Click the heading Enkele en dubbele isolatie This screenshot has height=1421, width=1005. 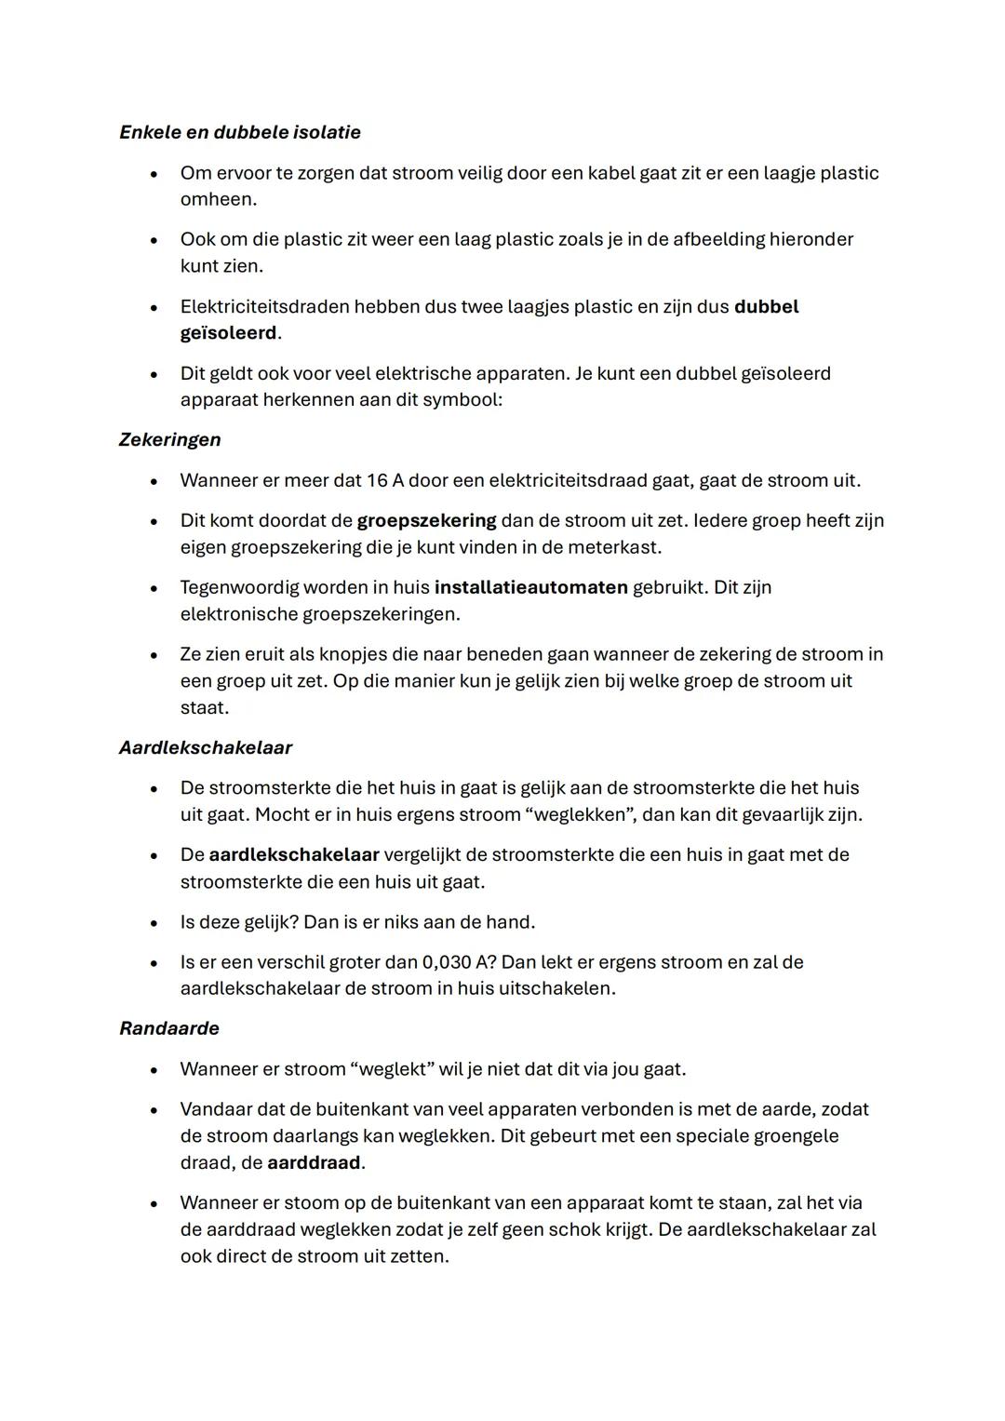coord(240,132)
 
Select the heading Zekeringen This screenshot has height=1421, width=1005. coord(169,439)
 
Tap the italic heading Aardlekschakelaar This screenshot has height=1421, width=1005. coord(206,747)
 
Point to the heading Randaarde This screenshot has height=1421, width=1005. coord(169,1028)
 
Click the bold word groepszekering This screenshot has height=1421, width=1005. coord(426,520)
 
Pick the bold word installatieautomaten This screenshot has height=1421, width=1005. coord(530,587)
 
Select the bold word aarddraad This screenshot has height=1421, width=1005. coord(314,1162)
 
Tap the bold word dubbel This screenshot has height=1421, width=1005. coord(766,307)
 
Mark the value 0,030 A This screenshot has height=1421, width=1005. coord(458,962)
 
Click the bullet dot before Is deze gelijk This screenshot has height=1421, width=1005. coord(154,923)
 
